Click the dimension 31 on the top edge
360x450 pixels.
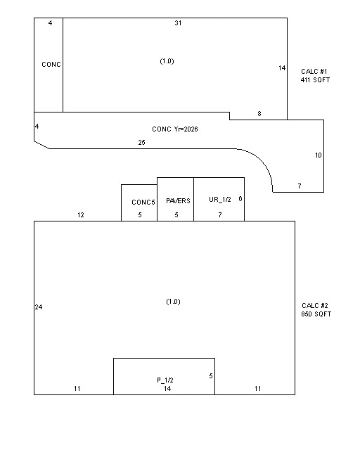[x=178, y=23]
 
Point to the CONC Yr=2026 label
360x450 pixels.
[x=175, y=129]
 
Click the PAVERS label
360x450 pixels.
[x=178, y=201]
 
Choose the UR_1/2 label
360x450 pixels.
[x=220, y=200]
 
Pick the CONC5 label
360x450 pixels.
[x=143, y=202]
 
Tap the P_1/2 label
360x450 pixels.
[x=165, y=380]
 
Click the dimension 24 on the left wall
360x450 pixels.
[x=39, y=307]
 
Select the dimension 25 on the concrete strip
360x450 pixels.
[x=141, y=142]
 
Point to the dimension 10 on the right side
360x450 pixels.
[x=319, y=155]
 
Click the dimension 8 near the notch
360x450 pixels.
[x=259, y=114]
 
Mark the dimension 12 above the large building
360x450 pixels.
[x=81, y=215]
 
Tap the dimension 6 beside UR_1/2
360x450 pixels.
[x=240, y=198]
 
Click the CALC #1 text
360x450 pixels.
[x=314, y=72]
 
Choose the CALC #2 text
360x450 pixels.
[x=314, y=306]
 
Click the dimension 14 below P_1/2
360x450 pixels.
[x=167, y=389]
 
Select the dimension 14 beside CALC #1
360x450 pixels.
[x=282, y=68]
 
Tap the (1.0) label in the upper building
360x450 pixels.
[x=167, y=61]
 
